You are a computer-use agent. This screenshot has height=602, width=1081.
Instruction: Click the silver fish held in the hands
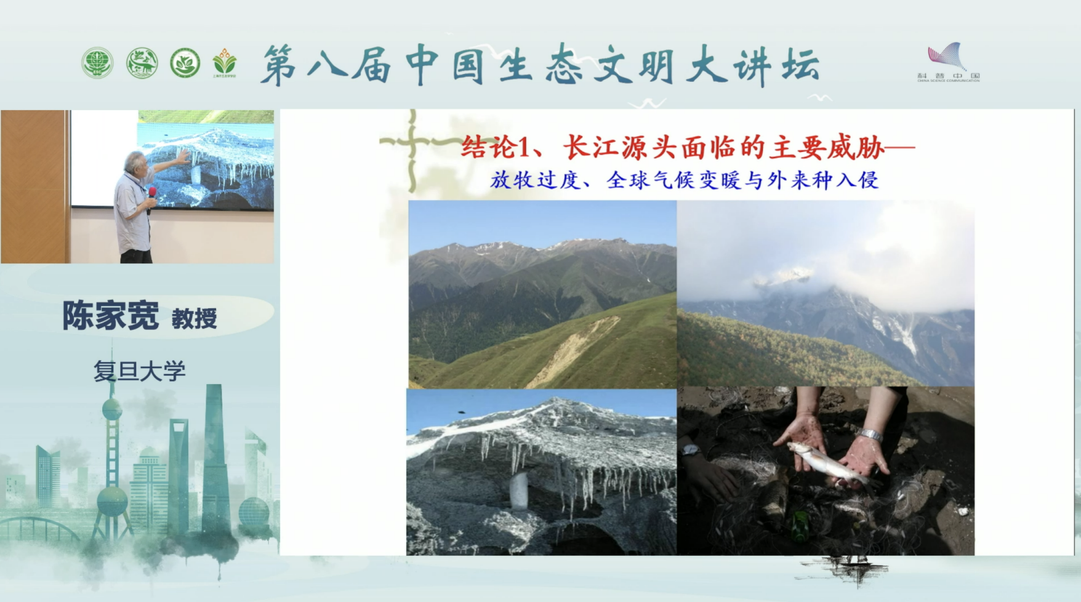pyautogui.click(x=825, y=461)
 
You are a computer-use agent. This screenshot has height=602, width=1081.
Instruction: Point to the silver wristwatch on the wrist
pyautogui.click(x=870, y=435)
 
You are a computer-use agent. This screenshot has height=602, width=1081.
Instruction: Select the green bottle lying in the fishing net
pyautogui.click(x=800, y=526)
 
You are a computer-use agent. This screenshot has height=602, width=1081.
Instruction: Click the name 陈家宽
pyautogui.click(x=111, y=316)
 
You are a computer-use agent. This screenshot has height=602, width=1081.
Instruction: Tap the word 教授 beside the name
pyautogui.click(x=194, y=319)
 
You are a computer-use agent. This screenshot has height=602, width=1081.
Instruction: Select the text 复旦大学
pyautogui.click(x=139, y=371)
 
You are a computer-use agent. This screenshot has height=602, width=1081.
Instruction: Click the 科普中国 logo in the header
pyautogui.click(x=947, y=62)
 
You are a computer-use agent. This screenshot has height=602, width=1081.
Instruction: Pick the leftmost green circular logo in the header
pyautogui.click(x=97, y=63)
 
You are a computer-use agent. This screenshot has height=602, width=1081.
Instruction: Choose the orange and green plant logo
pyautogui.click(x=224, y=63)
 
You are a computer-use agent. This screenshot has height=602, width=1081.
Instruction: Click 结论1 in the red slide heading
pyautogui.click(x=494, y=148)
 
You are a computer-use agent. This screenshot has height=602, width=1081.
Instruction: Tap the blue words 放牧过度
pyautogui.click(x=535, y=180)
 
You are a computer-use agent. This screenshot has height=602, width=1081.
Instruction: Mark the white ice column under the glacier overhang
pyautogui.click(x=520, y=491)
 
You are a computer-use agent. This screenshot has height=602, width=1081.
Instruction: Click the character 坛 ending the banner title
pyautogui.click(x=801, y=65)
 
